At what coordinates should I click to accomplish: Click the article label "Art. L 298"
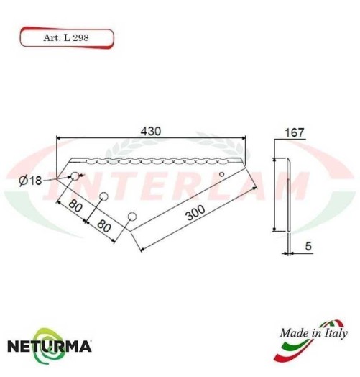pos(65,37)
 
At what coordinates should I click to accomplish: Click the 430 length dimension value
pos(149,132)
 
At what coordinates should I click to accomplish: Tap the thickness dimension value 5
pos(307,246)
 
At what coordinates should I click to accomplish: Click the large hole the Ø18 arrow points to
pos(74,177)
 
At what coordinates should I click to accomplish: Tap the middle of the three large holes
pos(103,196)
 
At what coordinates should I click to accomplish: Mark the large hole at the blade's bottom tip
pos(131,216)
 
